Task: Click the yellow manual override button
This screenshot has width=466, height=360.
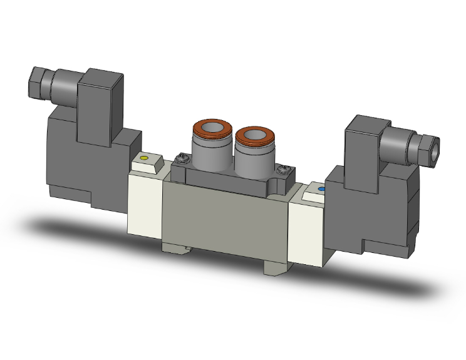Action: pyautogui.click(x=145, y=159)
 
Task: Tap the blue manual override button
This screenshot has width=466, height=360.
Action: pyautogui.click(x=321, y=188)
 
